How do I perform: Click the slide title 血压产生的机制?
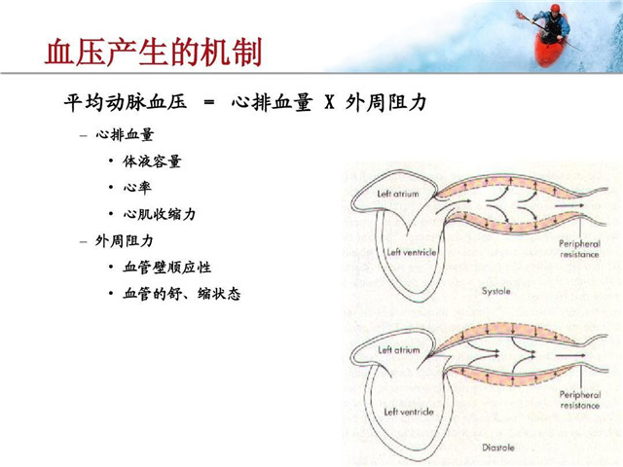[153, 51]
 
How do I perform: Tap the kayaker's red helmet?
[556, 10]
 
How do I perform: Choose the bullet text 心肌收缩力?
[159, 213]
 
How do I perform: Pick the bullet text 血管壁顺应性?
[166, 266]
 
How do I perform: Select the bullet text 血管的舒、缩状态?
[181, 292]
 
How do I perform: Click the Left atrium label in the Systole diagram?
[398, 194]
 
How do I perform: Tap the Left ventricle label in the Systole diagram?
[411, 252]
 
